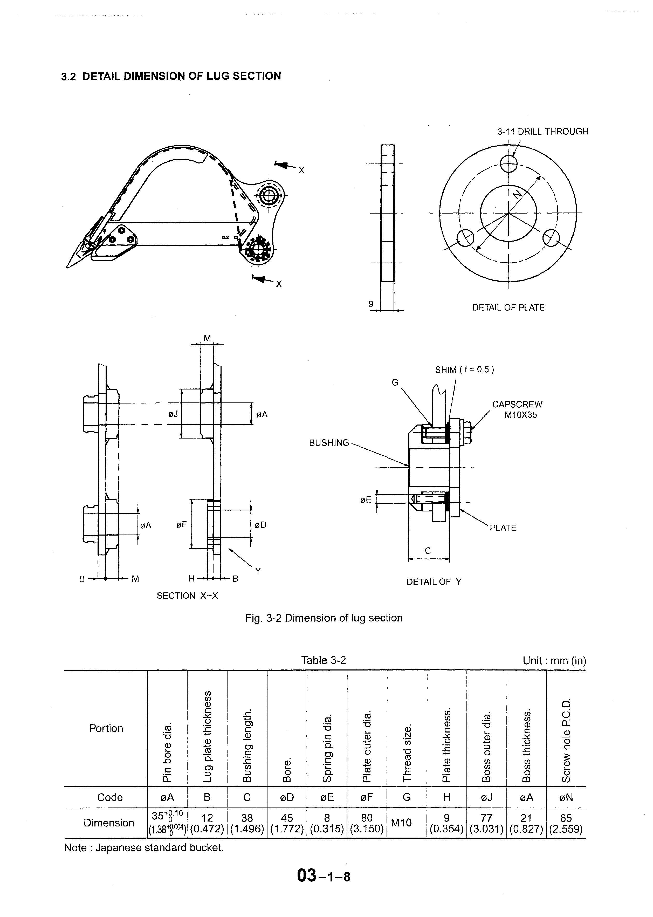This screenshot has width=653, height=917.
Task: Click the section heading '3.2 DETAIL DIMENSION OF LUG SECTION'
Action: (x=171, y=76)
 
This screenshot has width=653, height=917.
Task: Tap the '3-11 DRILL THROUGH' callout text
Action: (x=542, y=132)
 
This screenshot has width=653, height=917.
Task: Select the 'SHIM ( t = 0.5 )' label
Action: (x=464, y=369)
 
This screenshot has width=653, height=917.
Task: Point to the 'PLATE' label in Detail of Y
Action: (x=503, y=528)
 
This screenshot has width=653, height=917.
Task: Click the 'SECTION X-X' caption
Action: (x=187, y=596)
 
